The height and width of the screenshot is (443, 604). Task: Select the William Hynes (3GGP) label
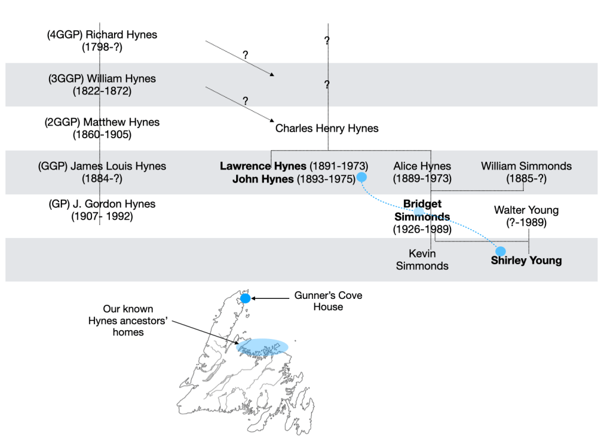(x=102, y=79)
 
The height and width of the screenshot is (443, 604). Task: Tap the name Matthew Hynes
(x=102, y=122)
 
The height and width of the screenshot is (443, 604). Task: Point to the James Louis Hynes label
(x=102, y=166)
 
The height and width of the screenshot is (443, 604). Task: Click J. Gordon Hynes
(x=102, y=204)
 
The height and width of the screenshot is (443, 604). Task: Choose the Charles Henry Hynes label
(x=327, y=128)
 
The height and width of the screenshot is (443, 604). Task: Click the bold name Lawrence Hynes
(x=263, y=166)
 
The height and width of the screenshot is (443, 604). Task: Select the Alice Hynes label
(x=422, y=166)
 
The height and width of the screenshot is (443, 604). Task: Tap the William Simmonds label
(x=526, y=166)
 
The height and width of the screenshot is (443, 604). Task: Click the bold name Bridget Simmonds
(x=422, y=210)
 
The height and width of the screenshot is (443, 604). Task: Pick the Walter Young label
(x=526, y=210)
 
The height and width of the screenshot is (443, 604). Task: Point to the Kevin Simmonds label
(x=422, y=259)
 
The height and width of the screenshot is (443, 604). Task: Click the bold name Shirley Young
(x=526, y=260)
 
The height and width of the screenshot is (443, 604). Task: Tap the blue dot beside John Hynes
(x=362, y=177)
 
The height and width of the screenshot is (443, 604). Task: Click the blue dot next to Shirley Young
(x=501, y=251)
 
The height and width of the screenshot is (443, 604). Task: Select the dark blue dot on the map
(x=245, y=298)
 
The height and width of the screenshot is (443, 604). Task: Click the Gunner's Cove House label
(x=328, y=301)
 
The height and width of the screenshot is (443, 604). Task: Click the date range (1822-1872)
(x=102, y=91)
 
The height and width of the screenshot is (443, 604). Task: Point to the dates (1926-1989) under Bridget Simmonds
(x=422, y=229)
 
